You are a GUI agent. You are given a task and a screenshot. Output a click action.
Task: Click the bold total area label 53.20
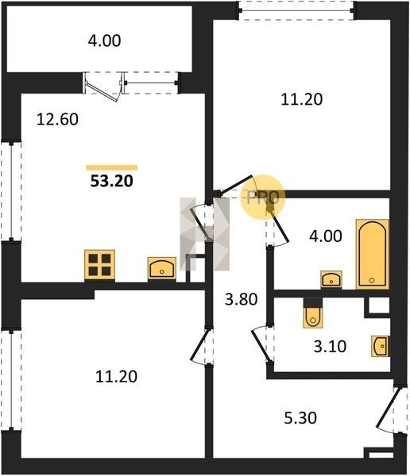[112, 181]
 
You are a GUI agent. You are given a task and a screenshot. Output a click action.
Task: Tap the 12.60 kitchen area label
[57, 119]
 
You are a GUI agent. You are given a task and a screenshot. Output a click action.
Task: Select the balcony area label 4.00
[104, 40]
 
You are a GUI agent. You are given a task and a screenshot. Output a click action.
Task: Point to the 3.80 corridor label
[242, 299]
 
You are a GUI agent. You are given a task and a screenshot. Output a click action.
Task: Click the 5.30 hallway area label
[300, 418]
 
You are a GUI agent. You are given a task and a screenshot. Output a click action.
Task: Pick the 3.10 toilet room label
[330, 347]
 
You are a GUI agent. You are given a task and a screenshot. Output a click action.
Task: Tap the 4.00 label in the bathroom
[326, 236]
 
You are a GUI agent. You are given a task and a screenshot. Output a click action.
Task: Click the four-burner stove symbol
[100, 265]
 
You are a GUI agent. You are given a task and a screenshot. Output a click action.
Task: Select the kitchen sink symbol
[162, 268]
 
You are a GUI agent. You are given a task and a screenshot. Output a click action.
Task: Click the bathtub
[373, 254]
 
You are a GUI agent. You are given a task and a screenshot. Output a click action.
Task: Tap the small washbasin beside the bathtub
[331, 279]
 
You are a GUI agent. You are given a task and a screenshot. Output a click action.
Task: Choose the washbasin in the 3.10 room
[380, 346]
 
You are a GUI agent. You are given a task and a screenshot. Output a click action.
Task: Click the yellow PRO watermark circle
[263, 198]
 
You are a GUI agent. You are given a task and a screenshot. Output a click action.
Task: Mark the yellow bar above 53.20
[111, 167]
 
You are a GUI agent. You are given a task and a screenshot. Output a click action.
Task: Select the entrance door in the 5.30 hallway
[387, 407]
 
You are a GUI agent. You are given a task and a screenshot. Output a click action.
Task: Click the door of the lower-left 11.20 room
[199, 345]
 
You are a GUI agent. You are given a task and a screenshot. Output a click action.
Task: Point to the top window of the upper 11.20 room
[296, 11]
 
